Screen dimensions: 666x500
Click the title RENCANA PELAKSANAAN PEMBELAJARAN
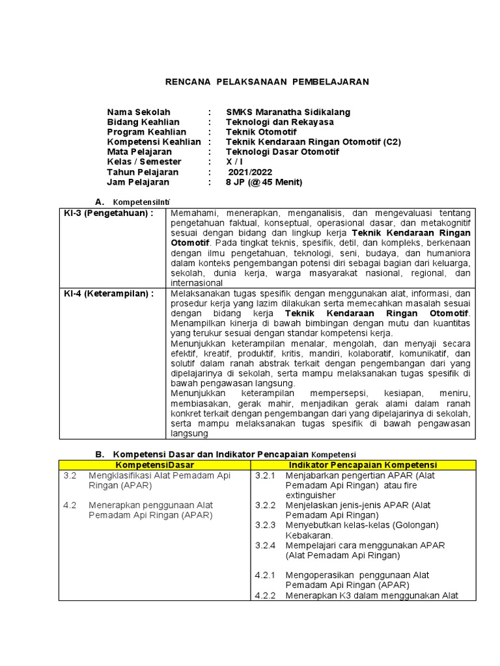pos(266,82)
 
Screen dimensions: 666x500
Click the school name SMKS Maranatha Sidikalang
pos(288,112)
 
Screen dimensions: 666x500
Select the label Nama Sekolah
pos(139,112)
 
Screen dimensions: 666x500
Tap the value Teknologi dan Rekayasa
pos(279,122)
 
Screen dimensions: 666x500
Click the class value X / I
pos(232,162)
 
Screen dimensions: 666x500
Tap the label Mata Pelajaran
pos(140,152)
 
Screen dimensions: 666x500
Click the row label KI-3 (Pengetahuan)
pos(109,213)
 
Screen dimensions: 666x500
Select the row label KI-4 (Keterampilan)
pos(109,293)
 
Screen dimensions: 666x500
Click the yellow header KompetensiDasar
pos(154,465)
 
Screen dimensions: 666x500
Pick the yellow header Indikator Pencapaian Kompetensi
pos(363,465)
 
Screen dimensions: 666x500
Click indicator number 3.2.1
pos(266,475)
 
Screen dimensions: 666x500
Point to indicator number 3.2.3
pos(266,526)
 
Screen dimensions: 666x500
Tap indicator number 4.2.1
pos(266,576)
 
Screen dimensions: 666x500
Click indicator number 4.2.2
pos(266,596)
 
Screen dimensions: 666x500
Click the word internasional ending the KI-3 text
pos(197,283)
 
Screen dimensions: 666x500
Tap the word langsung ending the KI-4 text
pos(189,433)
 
